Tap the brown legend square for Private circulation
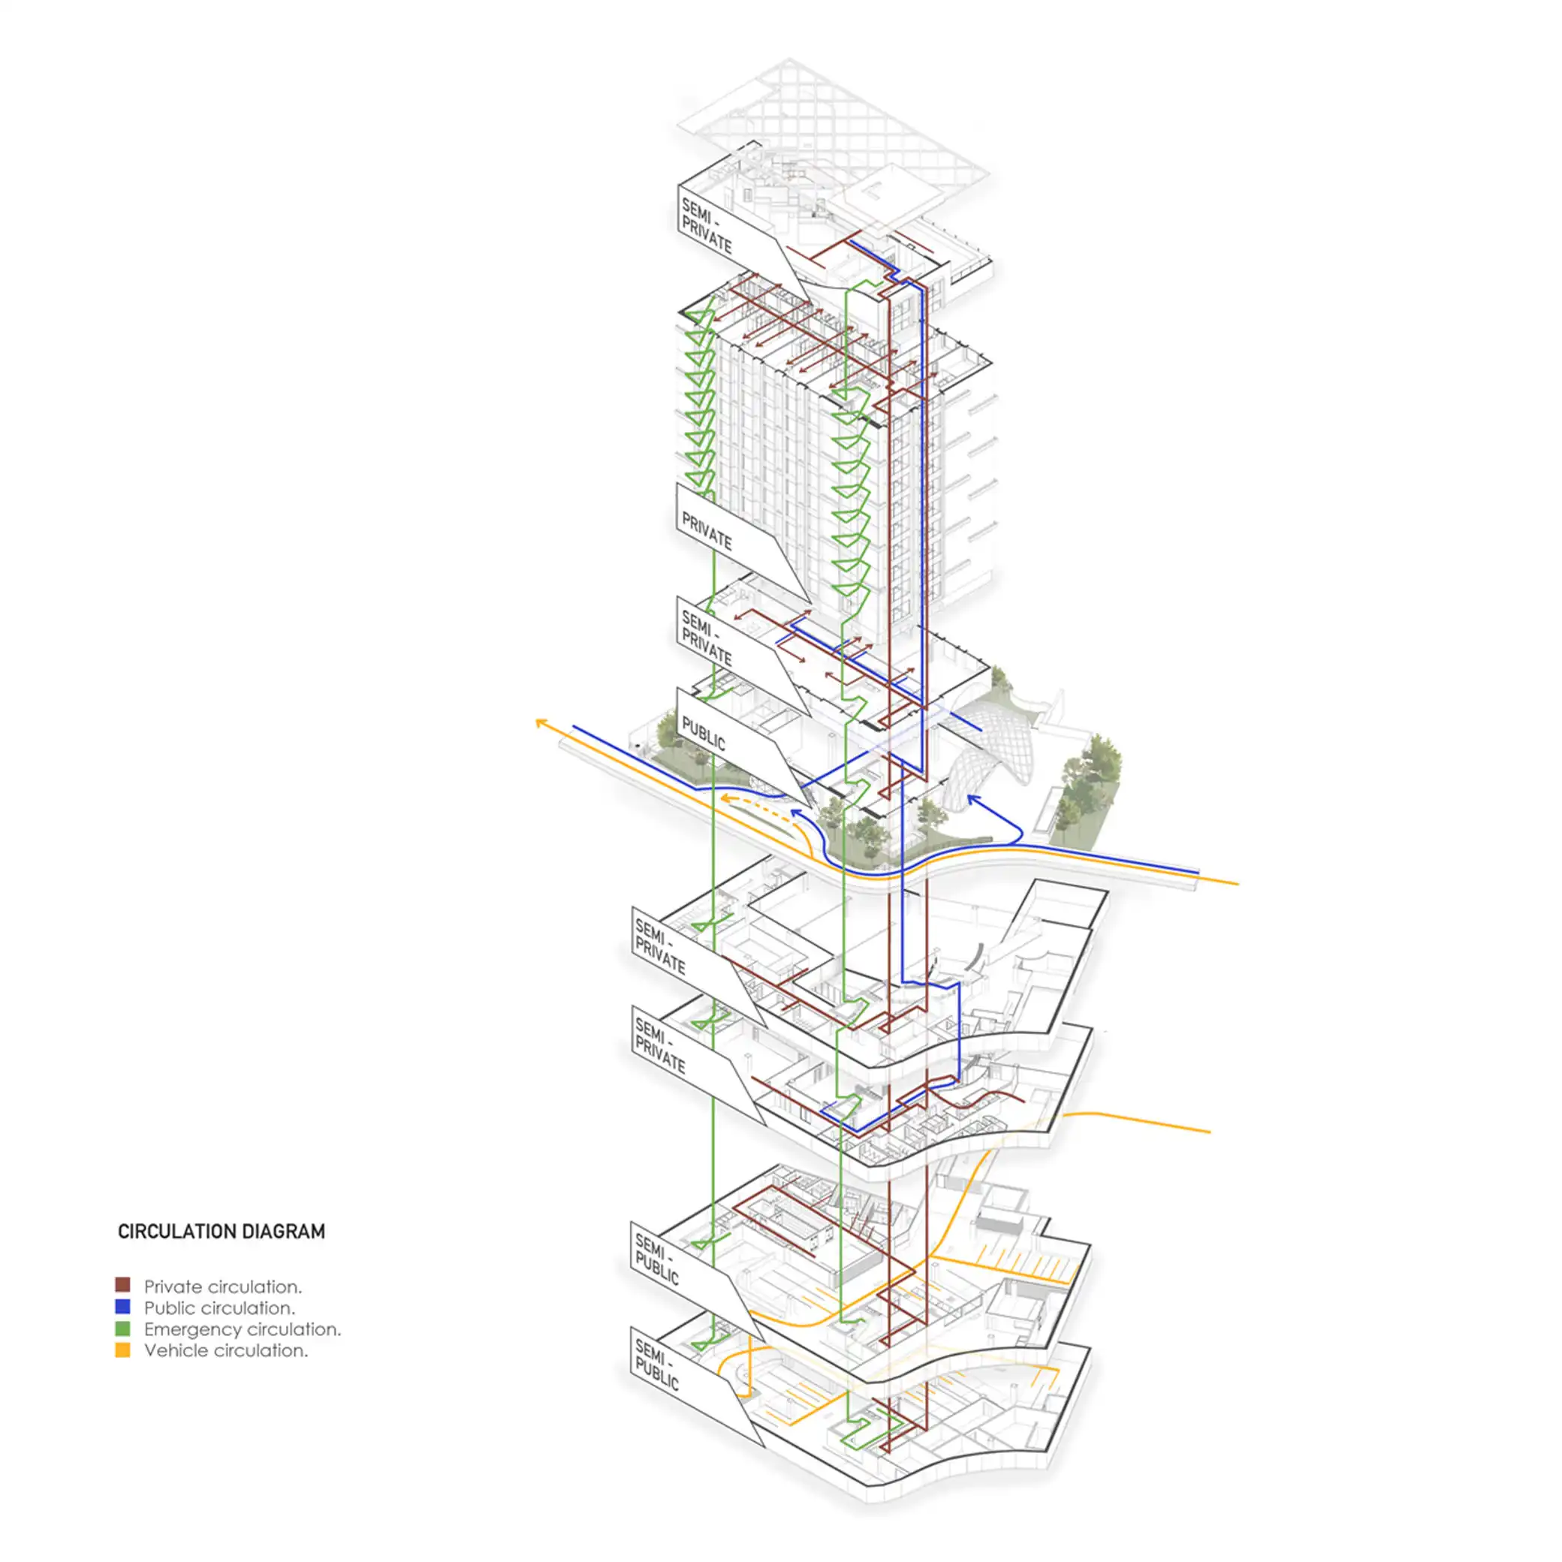[123, 1286]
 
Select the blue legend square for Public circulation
[123, 1307]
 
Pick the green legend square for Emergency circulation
[123, 1328]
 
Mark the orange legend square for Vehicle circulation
[123, 1349]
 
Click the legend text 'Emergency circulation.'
[243, 1328]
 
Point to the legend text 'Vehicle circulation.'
[225, 1349]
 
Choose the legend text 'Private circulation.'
[222, 1286]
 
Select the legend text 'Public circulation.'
[219, 1307]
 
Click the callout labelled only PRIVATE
[707, 531]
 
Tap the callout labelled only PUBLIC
[704, 732]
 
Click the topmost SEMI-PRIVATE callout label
[706, 225]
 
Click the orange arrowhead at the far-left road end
[540, 721]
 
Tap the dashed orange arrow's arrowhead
[725, 799]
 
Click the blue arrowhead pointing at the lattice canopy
[972, 800]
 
